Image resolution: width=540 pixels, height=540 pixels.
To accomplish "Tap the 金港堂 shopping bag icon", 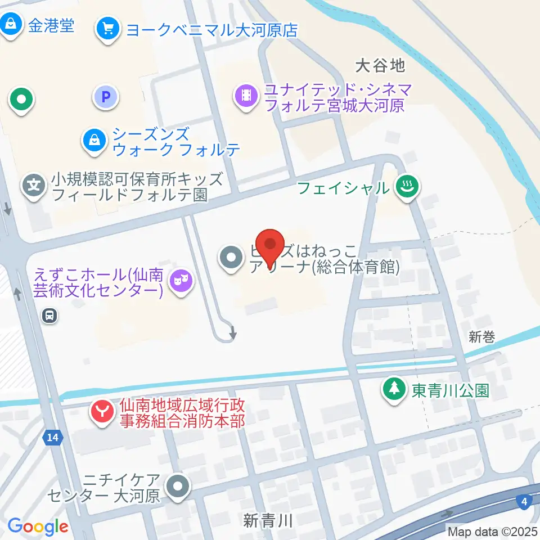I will tap(11, 24).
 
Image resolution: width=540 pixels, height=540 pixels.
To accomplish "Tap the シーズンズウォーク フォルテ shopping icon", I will tap(94, 140).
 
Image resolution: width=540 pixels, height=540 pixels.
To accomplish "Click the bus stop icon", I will tap(50, 316).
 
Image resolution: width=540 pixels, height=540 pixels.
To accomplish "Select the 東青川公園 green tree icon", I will tap(394, 389).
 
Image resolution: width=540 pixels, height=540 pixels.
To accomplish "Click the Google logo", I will tap(38, 526).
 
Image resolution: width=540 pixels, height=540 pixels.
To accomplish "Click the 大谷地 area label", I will tap(380, 66).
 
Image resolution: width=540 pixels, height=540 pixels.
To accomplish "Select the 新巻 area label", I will tap(481, 337).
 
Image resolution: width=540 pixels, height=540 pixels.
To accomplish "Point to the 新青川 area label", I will tap(268, 520).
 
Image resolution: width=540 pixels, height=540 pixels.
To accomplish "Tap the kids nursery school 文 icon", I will tap(35, 184).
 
